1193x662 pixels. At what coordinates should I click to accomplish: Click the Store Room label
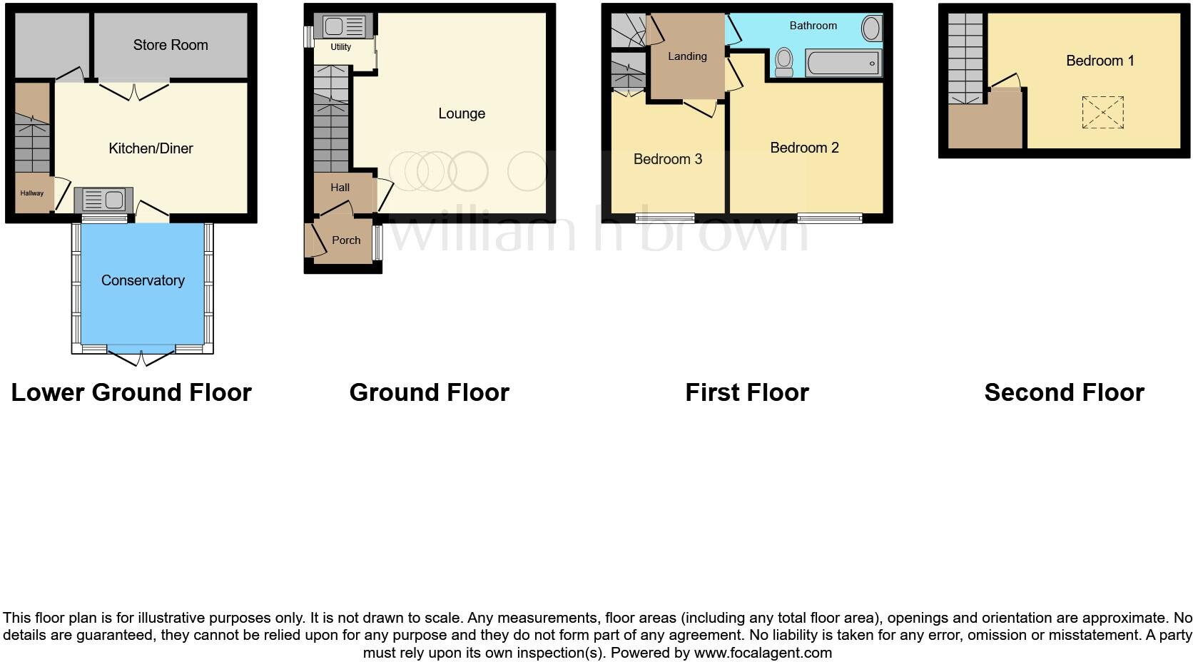tap(171, 45)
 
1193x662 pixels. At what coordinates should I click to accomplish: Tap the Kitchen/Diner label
tap(151, 148)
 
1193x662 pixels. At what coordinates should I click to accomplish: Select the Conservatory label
tap(143, 280)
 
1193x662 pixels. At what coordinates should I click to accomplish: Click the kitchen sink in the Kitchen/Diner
tap(103, 200)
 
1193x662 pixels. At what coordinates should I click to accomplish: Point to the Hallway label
tap(32, 193)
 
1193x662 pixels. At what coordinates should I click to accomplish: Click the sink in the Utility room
tap(343, 27)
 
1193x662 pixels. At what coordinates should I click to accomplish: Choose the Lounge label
tap(462, 113)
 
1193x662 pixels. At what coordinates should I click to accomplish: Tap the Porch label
tap(346, 240)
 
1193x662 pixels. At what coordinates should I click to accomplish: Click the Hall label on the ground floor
tap(340, 188)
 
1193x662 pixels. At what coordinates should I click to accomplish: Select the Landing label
tap(687, 56)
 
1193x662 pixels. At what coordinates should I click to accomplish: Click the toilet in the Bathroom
tap(784, 61)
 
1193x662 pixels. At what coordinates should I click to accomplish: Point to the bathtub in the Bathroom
tap(843, 63)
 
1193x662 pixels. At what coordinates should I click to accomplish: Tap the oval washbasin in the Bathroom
tap(871, 29)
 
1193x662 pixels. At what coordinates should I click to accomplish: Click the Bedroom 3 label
tap(668, 159)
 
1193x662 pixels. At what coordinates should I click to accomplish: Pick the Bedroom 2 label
tap(804, 148)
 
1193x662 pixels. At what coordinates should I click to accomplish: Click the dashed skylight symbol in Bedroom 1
tap(1102, 113)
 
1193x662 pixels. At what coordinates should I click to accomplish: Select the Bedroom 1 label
tap(1100, 61)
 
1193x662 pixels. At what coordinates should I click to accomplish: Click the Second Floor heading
tap(1064, 392)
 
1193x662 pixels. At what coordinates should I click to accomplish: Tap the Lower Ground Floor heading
tap(131, 392)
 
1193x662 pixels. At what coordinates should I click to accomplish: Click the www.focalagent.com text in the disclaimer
tap(763, 653)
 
